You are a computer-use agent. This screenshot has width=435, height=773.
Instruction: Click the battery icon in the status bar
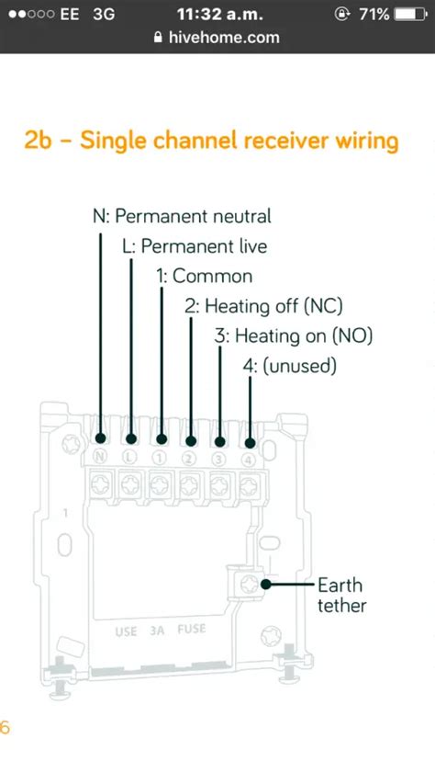point(411,14)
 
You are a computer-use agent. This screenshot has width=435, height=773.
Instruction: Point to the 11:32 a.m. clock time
point(220,14)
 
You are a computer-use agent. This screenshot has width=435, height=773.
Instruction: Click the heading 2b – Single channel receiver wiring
point(211,141)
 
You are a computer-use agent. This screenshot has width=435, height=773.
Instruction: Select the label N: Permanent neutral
point(182,216)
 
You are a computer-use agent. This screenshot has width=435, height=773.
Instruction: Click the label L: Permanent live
point(195,246)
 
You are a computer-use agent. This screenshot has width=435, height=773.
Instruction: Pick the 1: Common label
point(205,276)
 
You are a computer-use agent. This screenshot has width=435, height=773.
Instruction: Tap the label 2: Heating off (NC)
point(263,306)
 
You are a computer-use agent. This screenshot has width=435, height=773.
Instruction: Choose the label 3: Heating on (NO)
point(294,336)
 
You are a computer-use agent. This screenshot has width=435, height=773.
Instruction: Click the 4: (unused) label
point(290,367)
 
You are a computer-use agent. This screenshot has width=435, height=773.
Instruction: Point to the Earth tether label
point(342,595)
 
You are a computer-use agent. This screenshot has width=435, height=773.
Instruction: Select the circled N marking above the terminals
point(101,457)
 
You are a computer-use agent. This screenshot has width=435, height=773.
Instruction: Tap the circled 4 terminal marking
point(249,460)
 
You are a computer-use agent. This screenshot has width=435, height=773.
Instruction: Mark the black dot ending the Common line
point(162,439)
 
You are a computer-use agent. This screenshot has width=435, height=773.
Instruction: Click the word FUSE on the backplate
point(192,630)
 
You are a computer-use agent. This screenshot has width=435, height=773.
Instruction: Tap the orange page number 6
point(5,728)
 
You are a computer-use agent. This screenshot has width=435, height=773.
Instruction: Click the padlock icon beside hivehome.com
point(158,38)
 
